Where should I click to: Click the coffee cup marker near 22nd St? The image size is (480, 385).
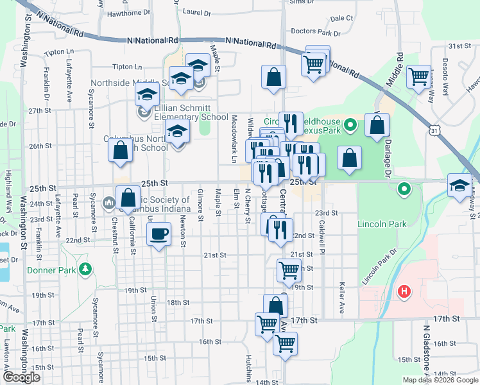159,234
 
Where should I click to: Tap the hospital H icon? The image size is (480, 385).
404,292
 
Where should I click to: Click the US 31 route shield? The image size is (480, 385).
435,131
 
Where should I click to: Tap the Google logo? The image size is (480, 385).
22,377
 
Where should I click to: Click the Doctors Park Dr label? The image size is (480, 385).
315,31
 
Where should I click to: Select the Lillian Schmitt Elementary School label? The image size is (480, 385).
191,117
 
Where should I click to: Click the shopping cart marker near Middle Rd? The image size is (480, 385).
418,76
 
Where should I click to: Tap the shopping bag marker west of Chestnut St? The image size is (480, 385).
120,151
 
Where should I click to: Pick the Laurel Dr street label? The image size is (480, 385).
196,12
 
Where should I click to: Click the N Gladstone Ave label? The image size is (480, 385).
425,350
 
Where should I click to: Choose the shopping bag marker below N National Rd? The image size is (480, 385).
273,77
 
